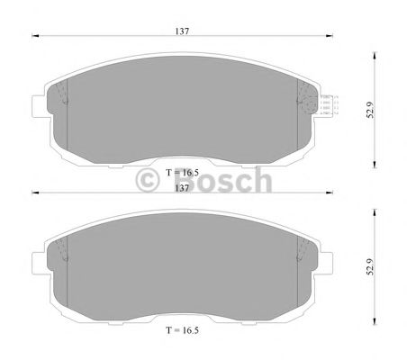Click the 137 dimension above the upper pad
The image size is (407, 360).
point(183,31)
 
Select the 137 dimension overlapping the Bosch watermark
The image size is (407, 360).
point(182,187)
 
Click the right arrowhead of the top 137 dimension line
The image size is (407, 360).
point(330,37)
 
